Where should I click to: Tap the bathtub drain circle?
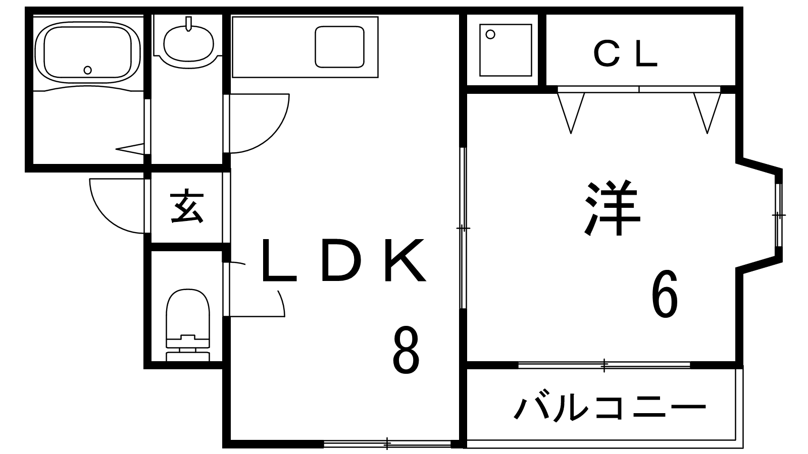[x=88, y=70]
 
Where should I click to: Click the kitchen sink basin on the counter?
[x=339, y=46]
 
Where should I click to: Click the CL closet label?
[x=626, y=54]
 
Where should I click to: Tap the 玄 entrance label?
[x=187, y=207]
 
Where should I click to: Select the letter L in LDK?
[x=277, y=261]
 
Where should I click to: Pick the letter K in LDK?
[x=404, y=261]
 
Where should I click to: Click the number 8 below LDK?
[x=406, y=350]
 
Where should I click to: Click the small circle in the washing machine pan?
[x=490, y=34]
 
